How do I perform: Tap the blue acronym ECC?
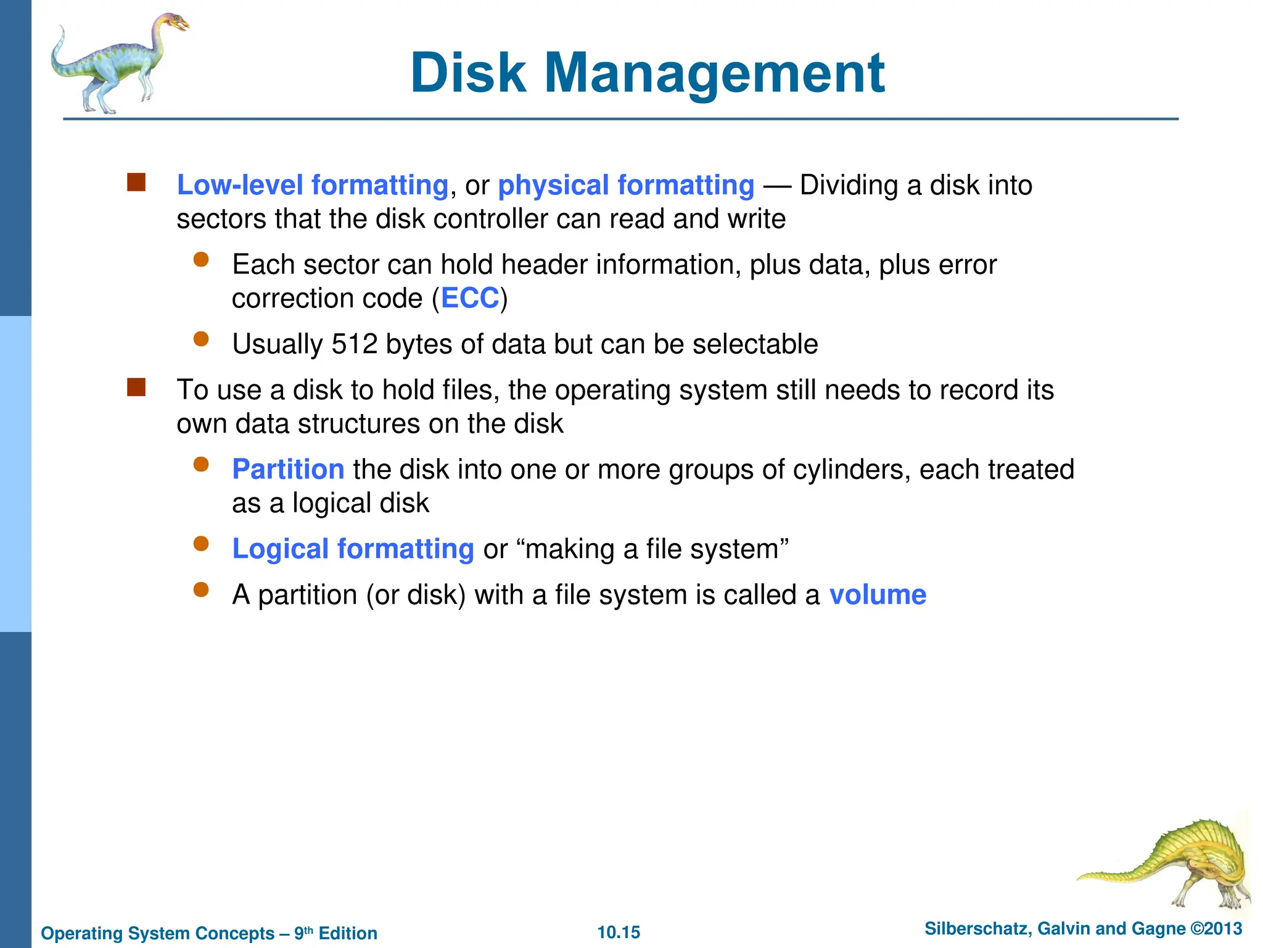coord(469,299)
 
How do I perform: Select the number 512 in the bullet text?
coord(354,344)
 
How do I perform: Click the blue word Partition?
coord(288,470)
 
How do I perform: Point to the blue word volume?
coord(878,595)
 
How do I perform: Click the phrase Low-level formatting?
coord(313,185)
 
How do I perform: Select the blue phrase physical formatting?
coord(626,185)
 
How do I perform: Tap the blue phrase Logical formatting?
coord(353,549)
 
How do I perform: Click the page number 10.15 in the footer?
coord(619,932)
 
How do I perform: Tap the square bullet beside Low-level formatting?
coord(136,183)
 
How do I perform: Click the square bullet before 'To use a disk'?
coord(136,388)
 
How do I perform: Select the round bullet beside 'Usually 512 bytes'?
coord(201,339)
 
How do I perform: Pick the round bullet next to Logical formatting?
coord(201,544)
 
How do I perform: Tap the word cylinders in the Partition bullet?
coord(852,470)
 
